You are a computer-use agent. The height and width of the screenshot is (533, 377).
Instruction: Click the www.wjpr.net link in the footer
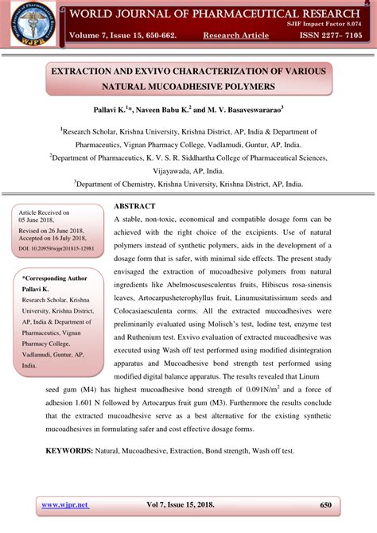64,504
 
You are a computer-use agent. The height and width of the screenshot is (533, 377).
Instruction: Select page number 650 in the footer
325,504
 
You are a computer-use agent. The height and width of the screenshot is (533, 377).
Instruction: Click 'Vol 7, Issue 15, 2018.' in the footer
191,504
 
